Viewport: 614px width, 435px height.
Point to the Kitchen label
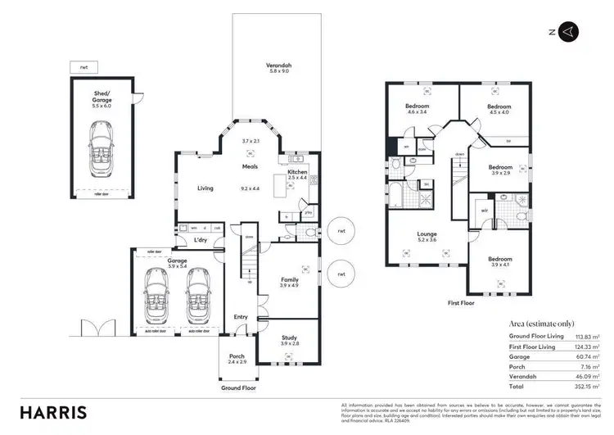click(297, 172)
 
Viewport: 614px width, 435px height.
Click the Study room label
click(290, 338)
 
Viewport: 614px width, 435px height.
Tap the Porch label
click(236, 356)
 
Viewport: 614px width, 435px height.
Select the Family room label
click(290, 279)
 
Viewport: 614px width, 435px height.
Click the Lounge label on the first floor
click(427, 234)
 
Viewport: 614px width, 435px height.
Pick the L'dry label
click(201, 240)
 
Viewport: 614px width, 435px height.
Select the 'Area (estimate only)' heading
click(536, 323)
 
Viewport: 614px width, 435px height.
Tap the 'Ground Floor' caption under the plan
click(239, 387)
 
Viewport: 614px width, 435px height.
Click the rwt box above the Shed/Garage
click(84, 66)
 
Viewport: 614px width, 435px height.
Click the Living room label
click(205, 188)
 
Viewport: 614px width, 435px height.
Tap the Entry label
click(241, 317)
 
